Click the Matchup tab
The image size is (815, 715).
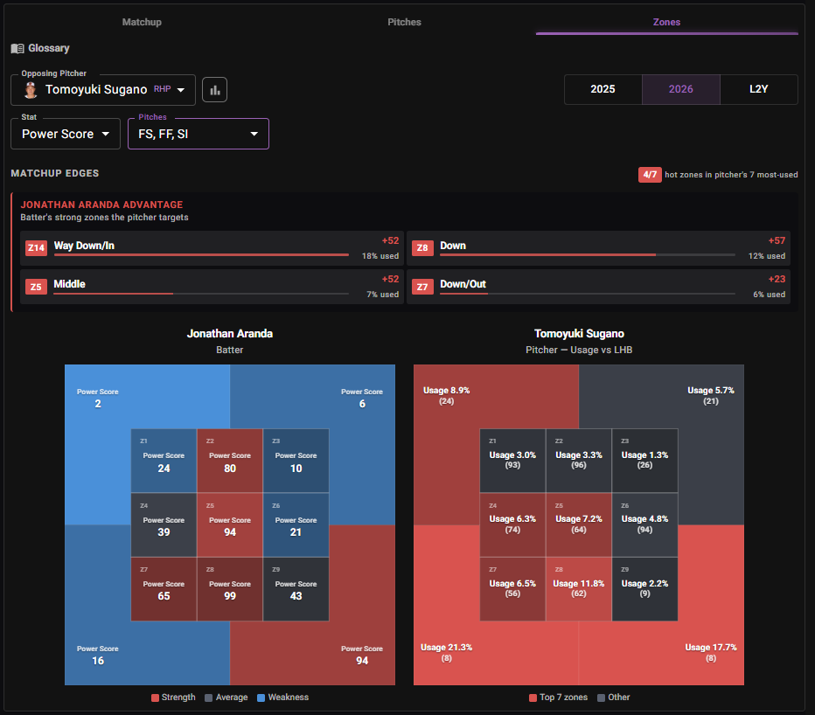142,22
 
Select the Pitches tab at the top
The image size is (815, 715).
404,22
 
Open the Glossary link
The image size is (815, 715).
40,48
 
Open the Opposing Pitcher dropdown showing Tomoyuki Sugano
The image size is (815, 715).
103,90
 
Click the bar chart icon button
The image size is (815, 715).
214,90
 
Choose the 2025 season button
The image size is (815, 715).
603,89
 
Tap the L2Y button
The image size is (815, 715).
758,89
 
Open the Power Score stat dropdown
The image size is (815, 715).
66,134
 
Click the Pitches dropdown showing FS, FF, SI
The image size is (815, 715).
199,134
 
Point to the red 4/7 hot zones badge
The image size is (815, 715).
650,175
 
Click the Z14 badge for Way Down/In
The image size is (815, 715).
36,248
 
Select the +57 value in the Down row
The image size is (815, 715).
777,240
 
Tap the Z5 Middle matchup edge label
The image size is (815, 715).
70,284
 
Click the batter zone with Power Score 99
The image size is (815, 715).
230,589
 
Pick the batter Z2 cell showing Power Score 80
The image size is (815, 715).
230,461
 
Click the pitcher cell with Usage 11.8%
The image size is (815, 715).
579,589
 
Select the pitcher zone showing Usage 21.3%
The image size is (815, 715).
447,652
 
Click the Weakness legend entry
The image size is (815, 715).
282,698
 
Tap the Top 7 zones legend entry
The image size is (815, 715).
558,698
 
